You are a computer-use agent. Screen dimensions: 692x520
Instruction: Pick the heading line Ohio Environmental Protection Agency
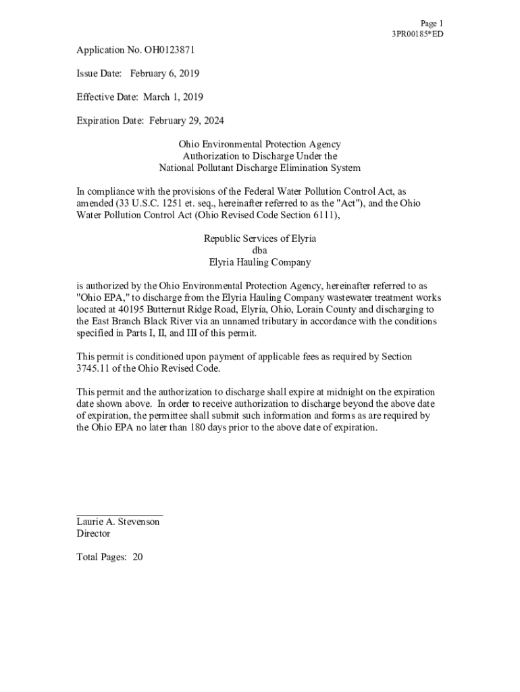(x=259, y=145)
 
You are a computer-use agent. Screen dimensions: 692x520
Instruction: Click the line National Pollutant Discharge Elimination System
(x=259, y=168)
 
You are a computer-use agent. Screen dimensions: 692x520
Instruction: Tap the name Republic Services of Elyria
(x=259, y=239)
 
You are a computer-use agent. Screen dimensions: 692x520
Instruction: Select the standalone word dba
(x=259, y=251)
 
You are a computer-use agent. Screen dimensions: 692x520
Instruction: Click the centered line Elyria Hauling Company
(x=259, y=262)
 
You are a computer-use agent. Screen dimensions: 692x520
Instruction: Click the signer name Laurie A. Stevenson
(x=118, y=522)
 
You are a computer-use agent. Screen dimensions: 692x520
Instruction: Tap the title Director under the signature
(x=93, y=534)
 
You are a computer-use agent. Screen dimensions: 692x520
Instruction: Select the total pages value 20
(x=138, y=558)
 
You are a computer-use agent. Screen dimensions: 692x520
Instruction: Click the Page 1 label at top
(x=432, y=23)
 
